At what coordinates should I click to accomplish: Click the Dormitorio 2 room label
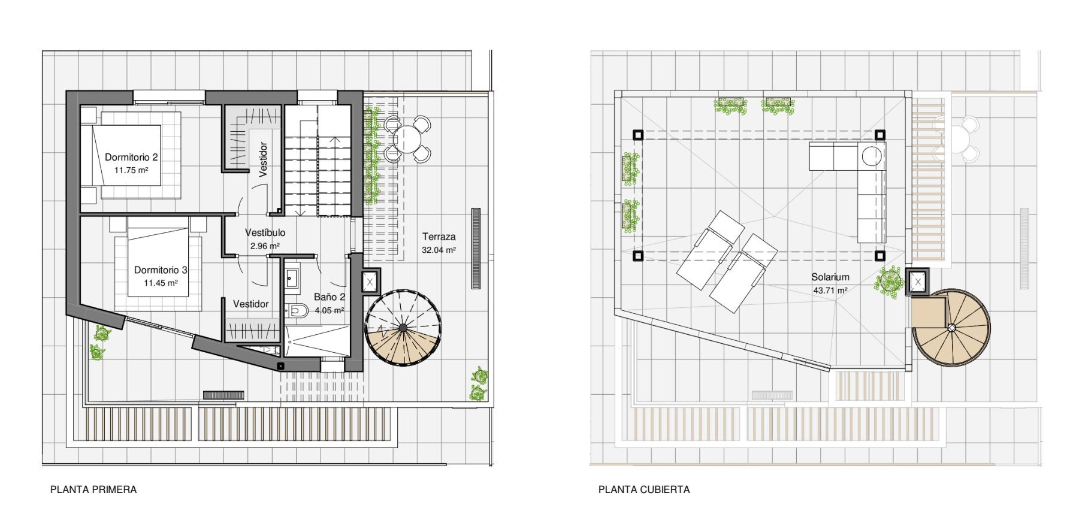click(131, 158)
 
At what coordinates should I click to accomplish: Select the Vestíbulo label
click(265, 233)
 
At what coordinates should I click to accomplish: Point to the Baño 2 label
click(330, 297)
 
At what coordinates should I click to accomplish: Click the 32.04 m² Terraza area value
click(439, 250)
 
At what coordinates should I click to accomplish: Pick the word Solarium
click(830, 277)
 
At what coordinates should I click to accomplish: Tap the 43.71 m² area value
click(830, 291)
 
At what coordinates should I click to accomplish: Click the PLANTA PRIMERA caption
click(93, 489)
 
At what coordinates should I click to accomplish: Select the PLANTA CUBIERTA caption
click(644, 489)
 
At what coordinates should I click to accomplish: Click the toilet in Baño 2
click(296, 310)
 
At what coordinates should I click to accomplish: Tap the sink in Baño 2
click(293, 277)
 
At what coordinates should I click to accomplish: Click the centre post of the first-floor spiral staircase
click(403, 327)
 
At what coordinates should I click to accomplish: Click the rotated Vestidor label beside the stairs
click(264, 159)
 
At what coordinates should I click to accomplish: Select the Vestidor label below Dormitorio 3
click(251, 304)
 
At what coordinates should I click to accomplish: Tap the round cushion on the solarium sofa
click(872, 156)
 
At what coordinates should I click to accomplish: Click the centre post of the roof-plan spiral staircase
click(951, 327)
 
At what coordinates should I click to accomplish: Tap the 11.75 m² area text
click(131, 170)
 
